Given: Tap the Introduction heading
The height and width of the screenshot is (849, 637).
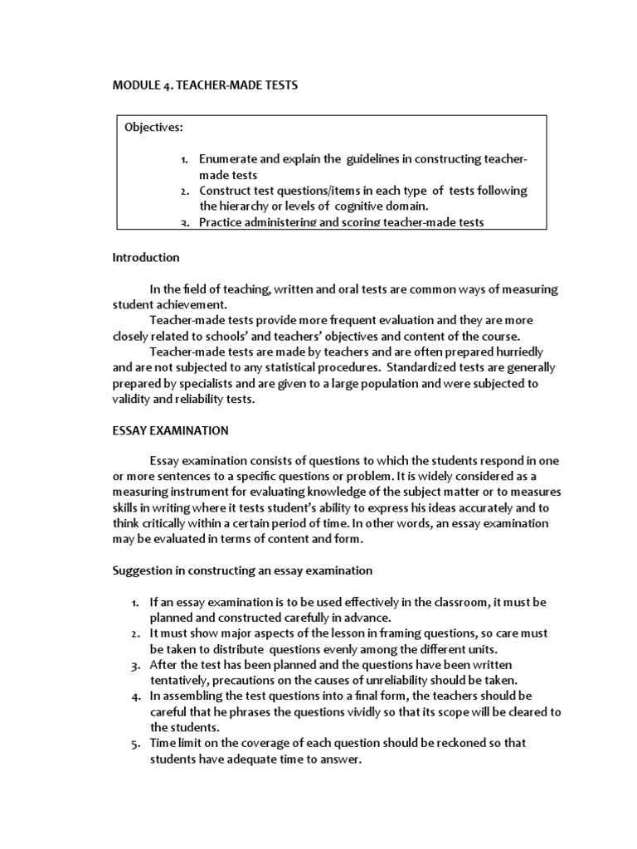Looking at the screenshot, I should tap(146, 258).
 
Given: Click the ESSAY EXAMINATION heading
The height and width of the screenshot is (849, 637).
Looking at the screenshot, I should tap(171, 430).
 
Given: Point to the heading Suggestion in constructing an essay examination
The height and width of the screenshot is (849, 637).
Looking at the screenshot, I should tap(242, 570).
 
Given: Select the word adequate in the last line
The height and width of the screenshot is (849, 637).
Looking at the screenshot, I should tap(250, 759).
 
